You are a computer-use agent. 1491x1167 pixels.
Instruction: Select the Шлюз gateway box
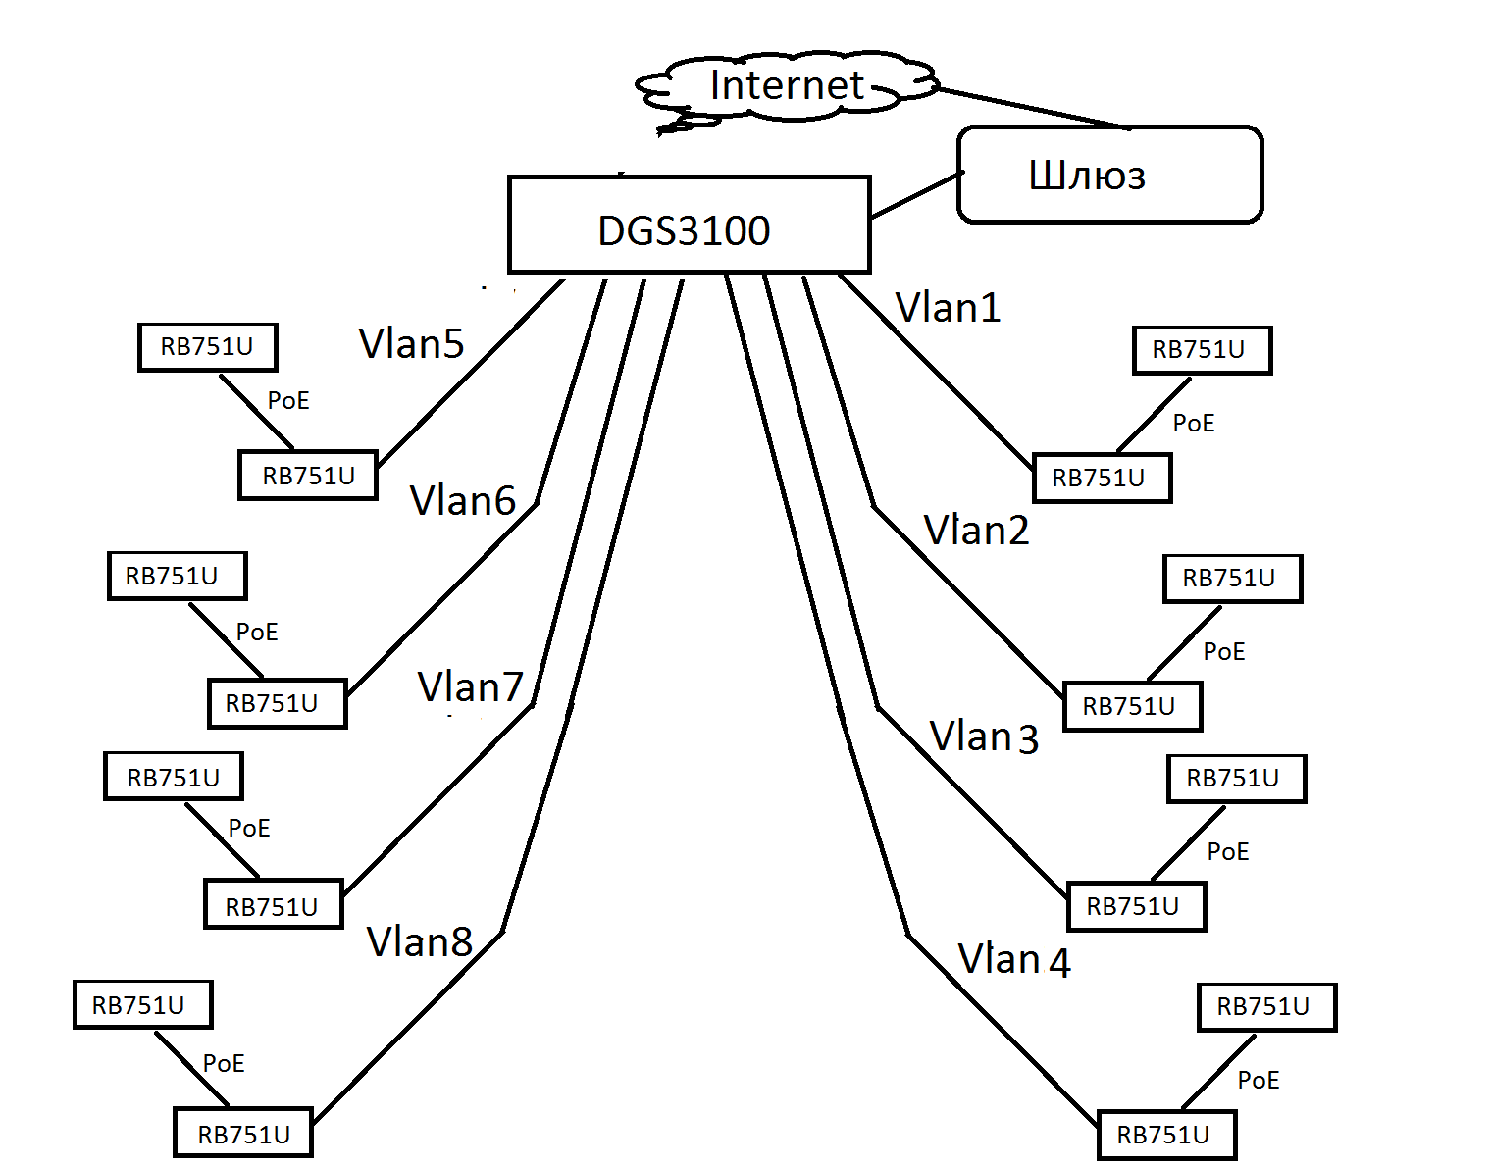pyautogui.click(x=1108, y=175)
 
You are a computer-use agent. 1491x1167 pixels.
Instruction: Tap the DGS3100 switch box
pyautogui.click(x=688, y=226)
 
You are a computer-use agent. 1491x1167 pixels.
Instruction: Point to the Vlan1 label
pyautogui.click(x=948, y=308)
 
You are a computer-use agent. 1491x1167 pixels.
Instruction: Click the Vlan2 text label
pyautogui.click(x=976, y=531)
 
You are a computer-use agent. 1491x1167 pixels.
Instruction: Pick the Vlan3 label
pyautogui.click(x=983, y=736)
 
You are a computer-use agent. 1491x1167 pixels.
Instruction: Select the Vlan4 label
pyautogui.click(x=1013, y=959)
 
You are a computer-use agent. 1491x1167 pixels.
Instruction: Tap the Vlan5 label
pyautogui.click(x=411, y=344)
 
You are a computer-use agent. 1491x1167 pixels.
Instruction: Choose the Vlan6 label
pyautogui.click(x=462, y=501)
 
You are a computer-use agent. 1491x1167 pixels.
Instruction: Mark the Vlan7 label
pyautogui.click(x=470, y=687)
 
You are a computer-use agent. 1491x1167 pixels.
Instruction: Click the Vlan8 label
pyautogui.click(x=420, y=942)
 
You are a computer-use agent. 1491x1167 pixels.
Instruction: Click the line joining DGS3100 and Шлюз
pyautogui.click(x=914, y=195)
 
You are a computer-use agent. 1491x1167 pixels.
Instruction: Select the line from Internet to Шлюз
pyautogui.click(x=1030, y=108)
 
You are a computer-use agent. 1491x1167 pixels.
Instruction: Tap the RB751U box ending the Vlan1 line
pyautogui.click(x=1102, y=479)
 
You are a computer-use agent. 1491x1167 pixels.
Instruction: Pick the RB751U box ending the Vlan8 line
pyautogui.click(x=243, y=1135)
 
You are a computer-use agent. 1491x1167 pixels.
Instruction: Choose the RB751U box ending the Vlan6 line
pyautogui.click(x=277, y=703)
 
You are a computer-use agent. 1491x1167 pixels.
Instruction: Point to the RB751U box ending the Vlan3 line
pyautogui.click(x=1136, y=906)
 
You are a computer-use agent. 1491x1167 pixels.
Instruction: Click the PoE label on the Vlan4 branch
pyautogui.click(x=1258, y=1081)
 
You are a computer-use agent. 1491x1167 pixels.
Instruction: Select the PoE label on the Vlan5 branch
pyautogui.click(x=287, y=401)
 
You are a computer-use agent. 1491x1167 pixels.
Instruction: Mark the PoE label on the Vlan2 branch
pyautogui.click(x=1223, y=652)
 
